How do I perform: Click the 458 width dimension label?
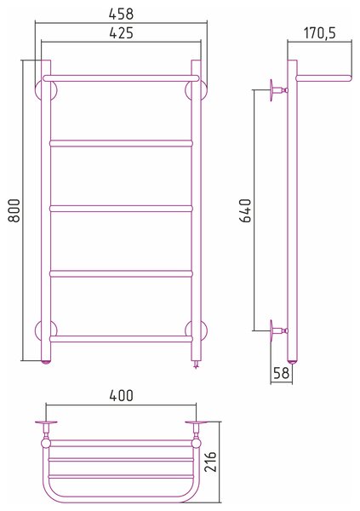(x=121, y=14)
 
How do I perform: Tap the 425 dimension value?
(x=121, y=33)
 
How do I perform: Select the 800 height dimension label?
(x=14, y=210)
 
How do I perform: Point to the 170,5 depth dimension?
(x=320, y=33)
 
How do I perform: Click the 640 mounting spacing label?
(x=246, y=210)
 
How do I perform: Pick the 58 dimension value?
(x=281, y=373)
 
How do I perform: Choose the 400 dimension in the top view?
(x=121, y=396)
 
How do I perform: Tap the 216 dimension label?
(x=210, y=462)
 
